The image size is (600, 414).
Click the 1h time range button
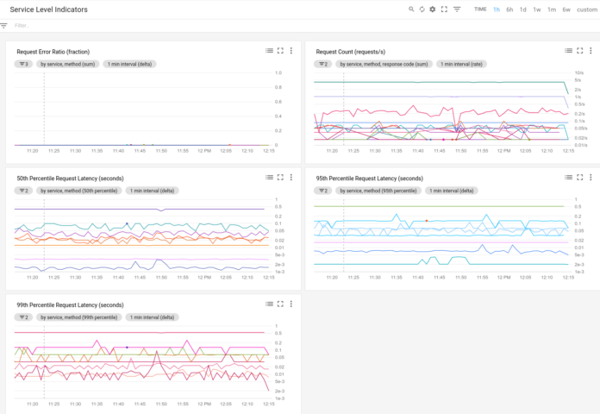(497, 9)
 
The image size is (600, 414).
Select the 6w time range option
(566, 9)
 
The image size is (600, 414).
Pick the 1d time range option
(522, 9)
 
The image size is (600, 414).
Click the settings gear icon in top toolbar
(433, 9)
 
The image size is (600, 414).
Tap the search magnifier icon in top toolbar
(411, 9)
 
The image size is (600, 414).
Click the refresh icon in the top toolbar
(422, 9)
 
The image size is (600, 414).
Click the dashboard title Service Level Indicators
(50, 9)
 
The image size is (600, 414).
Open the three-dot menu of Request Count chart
(592, 52)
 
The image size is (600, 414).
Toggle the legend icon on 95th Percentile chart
(569, 178)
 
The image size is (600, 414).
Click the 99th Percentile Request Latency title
(70, 304)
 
